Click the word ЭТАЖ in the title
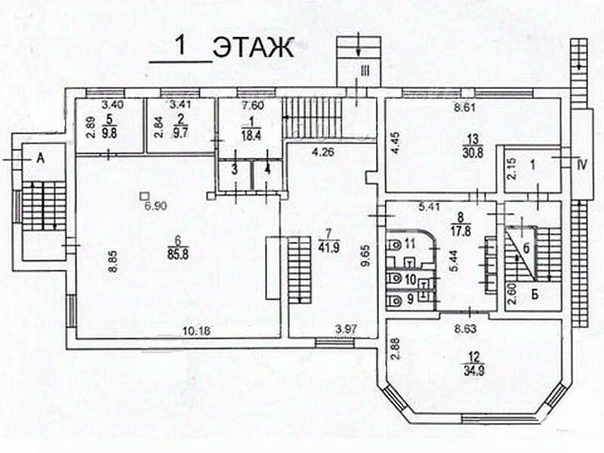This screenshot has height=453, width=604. [252, 47]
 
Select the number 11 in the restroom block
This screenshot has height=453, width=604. [410, 243]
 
